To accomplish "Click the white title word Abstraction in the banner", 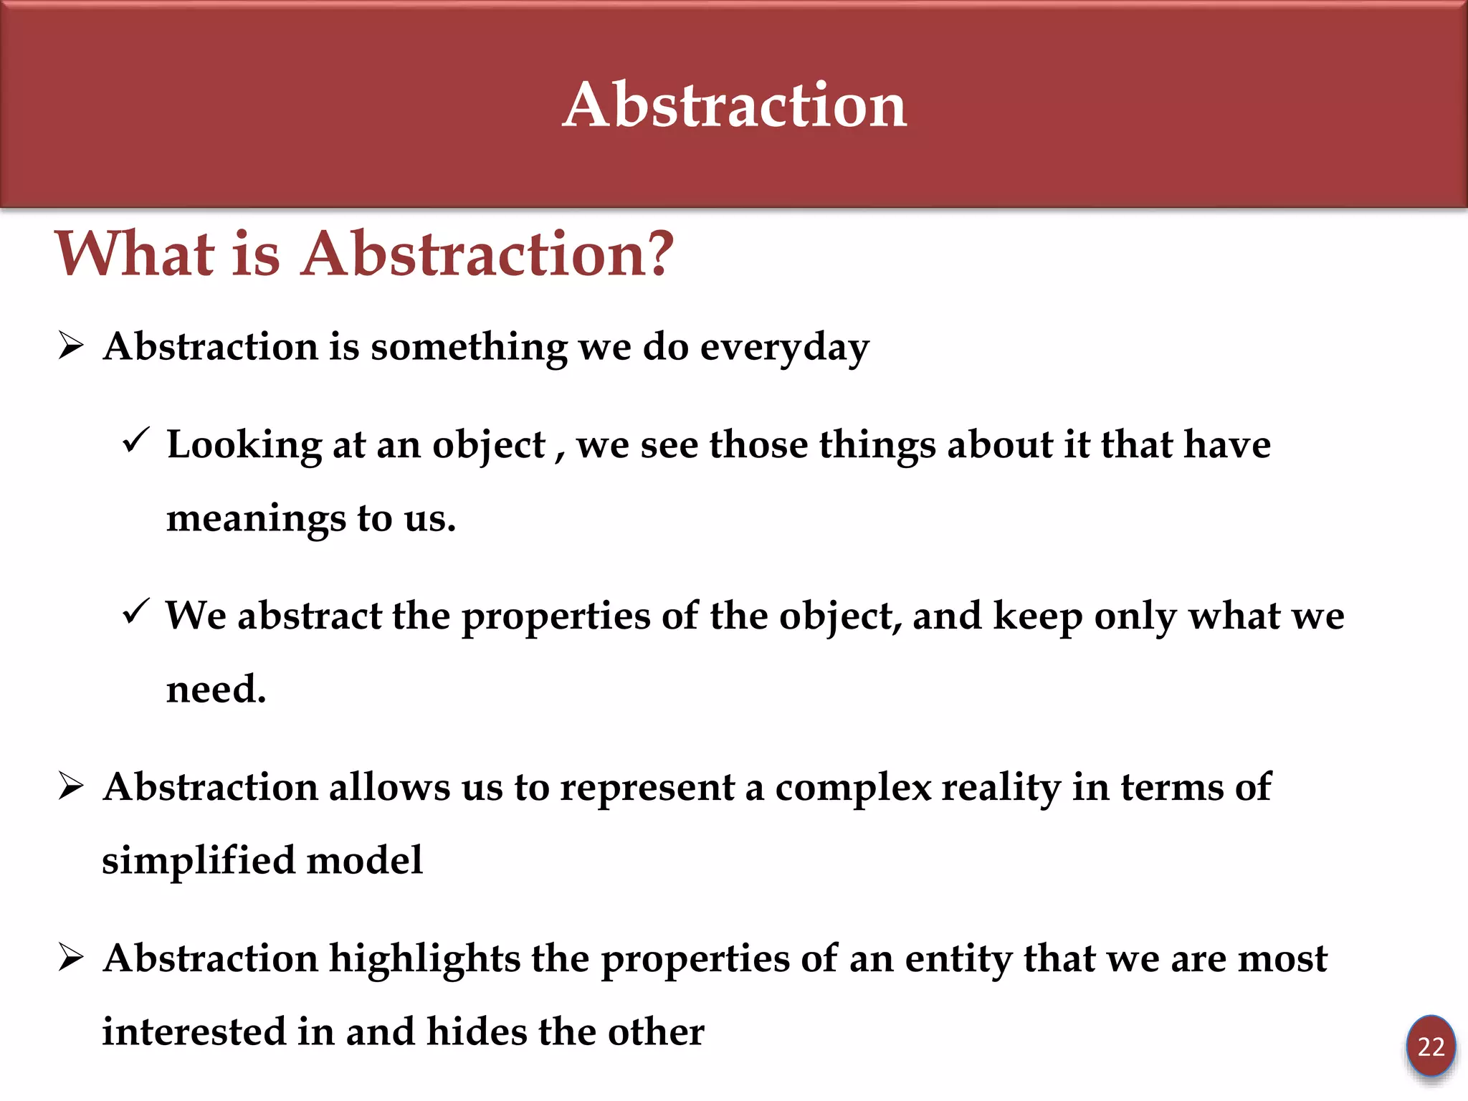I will pyautogui.click(x=734, y=105).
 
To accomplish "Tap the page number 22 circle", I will pyautogui.click(x=1430, y=1047).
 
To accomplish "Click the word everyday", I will pyautogui.click(x=784, y=348).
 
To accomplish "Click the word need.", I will pyautogui.click(x=216, y=690).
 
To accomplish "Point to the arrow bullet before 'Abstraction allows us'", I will pyautogui.click(x=71, y=787).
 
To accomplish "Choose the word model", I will pyautogui.click(x=364, y=860).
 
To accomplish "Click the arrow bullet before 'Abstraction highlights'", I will pyautogui.click(x=71, y=958).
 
